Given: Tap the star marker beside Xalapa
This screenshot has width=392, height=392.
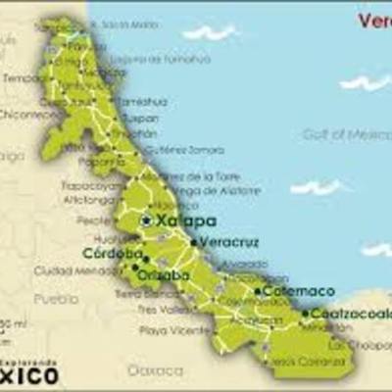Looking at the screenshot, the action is [146, 221].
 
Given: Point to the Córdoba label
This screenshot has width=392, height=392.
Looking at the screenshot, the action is [107, 252].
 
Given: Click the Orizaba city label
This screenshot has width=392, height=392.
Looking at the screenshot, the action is [164, 275].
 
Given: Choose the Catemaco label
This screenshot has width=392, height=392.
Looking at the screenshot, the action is [299, 291].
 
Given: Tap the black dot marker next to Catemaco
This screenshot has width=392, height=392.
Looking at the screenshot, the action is [258, 291].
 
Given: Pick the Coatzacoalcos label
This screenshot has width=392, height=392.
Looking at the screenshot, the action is [351, 314].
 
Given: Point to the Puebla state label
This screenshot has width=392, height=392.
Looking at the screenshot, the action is [55, 298].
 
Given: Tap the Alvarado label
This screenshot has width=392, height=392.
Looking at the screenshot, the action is [243, 265].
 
